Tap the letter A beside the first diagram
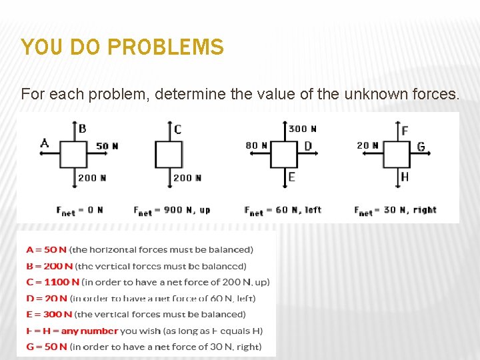point(45,142)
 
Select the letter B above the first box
point(82,129)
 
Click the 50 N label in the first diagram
point(107,146)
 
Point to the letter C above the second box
point(177,130)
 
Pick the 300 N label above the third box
point(303,129)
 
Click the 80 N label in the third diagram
point(256,145)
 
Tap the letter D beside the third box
point(308,146)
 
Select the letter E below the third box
point(291,177)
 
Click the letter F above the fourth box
point(405,131)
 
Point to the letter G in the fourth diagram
point(421,147)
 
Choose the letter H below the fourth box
point(405,177)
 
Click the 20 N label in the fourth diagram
point(367,145)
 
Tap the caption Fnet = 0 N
point(79,210)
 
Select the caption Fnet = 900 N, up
point(171,210)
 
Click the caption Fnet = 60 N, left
point(283,210)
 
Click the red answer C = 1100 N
point(53,282)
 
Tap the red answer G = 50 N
point(47,347)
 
